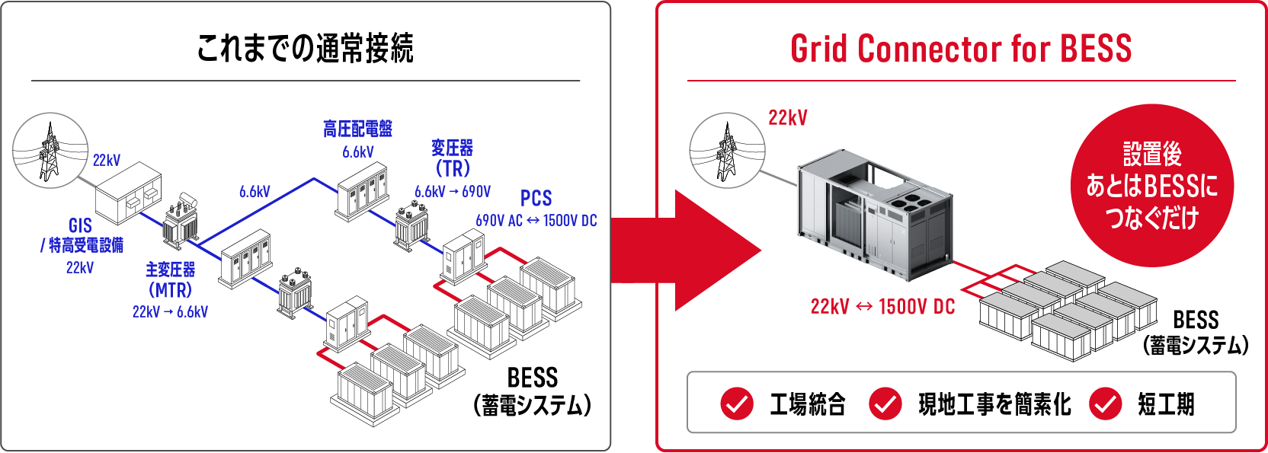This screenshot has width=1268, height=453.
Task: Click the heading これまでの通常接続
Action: (305, 48)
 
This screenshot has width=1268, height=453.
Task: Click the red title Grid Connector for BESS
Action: (961, 48)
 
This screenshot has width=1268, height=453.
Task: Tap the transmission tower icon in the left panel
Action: (50, 151)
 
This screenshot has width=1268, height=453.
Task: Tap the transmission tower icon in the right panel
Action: (728, 151)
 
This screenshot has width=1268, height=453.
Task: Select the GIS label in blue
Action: (80, 225)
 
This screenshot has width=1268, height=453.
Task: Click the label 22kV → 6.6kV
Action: (170, 311)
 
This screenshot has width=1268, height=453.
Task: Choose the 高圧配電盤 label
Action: (357, 129)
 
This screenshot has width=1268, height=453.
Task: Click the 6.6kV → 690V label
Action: (453, 192)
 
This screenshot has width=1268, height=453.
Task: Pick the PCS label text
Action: (536, 198)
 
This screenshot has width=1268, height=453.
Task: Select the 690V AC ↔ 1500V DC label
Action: (536, 221)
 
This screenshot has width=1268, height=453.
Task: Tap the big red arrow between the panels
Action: (686, 250)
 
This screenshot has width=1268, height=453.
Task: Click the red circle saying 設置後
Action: (1152, 186)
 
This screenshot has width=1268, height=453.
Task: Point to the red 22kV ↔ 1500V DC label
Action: (882, 307)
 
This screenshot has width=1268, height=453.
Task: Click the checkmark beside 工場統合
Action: (736, 404)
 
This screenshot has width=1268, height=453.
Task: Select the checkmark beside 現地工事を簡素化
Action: (885, 404)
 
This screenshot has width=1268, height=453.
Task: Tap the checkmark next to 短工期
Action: (1105, 404)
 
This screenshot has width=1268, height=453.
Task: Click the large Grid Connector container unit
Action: (875, 215)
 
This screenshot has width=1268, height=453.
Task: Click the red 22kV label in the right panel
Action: (787, 118)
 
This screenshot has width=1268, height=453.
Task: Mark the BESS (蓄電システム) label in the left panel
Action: (533, 391)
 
